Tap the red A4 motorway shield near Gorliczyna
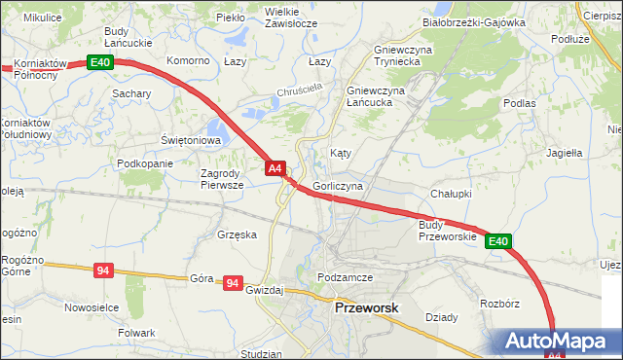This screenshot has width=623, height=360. (x=275, y=168)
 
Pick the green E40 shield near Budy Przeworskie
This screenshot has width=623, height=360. (x=498, y=241)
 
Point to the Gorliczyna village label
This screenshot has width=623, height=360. (x=338, y=185)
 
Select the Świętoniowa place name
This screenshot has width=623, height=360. (x=192, y=140)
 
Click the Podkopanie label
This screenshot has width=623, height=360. (x=144, y=163)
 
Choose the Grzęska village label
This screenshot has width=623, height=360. (x=238, y=234)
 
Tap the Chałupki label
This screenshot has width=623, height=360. (x=451, y=193)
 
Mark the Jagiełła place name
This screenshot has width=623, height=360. (x=565, y=153)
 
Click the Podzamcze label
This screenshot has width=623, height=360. (x=346, y=277)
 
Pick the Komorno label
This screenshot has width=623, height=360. (x=189, y=60)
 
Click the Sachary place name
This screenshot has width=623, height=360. (x=131, y=93)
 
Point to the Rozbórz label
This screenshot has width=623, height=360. (x=499, y=304)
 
